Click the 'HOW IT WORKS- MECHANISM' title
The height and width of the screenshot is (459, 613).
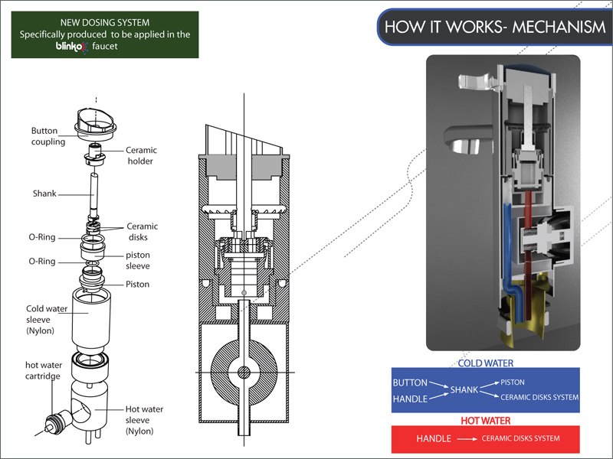tap(494, 28)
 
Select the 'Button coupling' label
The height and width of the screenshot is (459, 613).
tap(48, 136)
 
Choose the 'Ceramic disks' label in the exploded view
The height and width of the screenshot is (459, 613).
tap(142, 231)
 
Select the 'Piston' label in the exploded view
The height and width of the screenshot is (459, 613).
tap(138, 285)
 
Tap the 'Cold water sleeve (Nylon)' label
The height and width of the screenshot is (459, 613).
tap(47, 319)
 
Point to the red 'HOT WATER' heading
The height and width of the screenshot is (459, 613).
tap(485, 421)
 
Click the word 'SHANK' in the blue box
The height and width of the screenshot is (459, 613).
tap(464, 390)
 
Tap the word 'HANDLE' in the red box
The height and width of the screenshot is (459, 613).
tap(433, 439)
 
